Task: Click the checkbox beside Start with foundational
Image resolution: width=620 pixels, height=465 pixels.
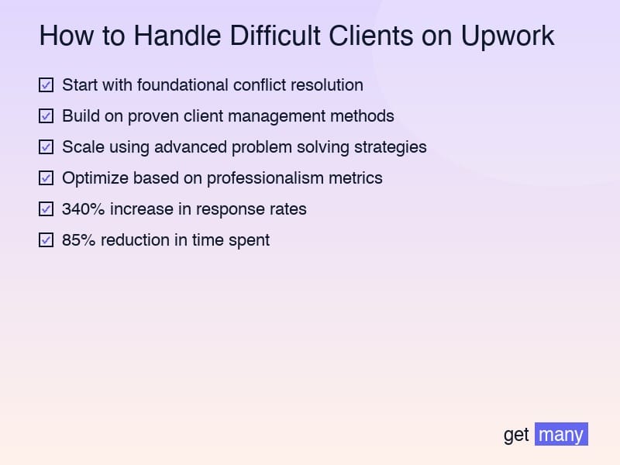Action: [x=46, y=84]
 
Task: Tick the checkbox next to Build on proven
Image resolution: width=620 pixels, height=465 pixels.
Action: [x=46, y=115]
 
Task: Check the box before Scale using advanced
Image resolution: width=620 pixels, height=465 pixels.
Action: [x=46, y=146]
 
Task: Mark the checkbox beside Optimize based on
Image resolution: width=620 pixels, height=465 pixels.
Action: [x=46, y=177]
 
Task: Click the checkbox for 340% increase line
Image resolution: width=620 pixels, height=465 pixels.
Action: [x=46, y=208]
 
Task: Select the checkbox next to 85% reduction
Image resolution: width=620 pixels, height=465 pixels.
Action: [x=46, y=239]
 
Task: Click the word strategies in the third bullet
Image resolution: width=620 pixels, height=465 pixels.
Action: [x=388, y=147]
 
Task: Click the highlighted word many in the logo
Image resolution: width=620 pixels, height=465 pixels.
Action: [x=561, y=435]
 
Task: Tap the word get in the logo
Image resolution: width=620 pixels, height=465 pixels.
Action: [x=516, y=435]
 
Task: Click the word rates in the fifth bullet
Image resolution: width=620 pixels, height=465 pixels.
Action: [x=287, y=209]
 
